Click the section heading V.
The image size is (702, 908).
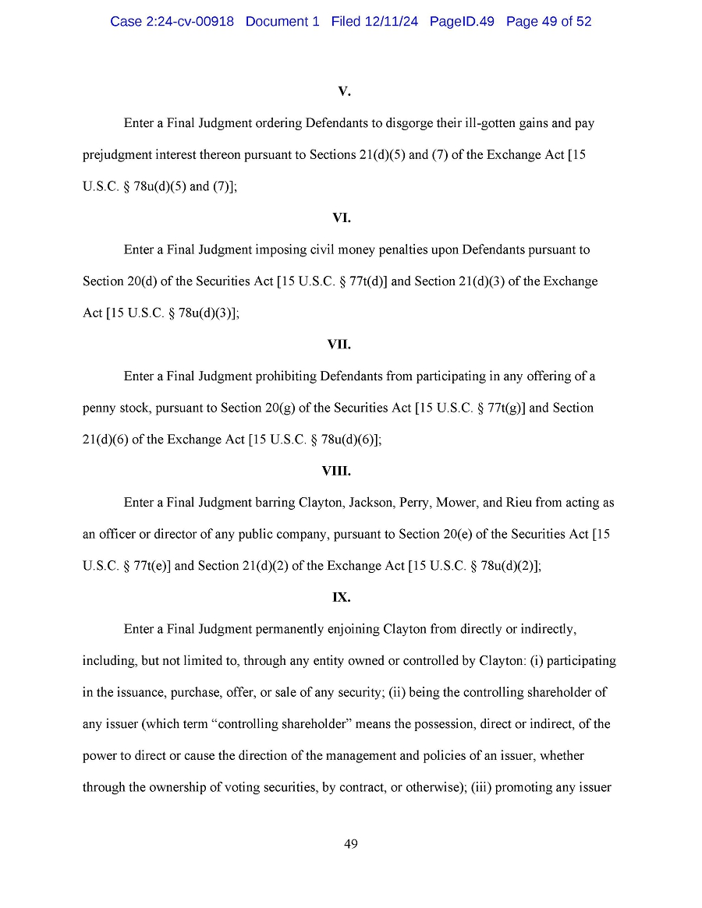click(x=344, y=92)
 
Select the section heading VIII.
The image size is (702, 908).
click(x=336, y=472)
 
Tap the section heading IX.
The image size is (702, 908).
click(x=341, y=598)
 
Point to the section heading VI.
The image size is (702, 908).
click(x=341, y=218)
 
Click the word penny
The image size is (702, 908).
click(x=100, y=408)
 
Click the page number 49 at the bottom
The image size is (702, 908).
click(x=351, y=844)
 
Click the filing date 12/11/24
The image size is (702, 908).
click(x=392, y=22)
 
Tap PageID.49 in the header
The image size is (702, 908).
click(x=462, y=22)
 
